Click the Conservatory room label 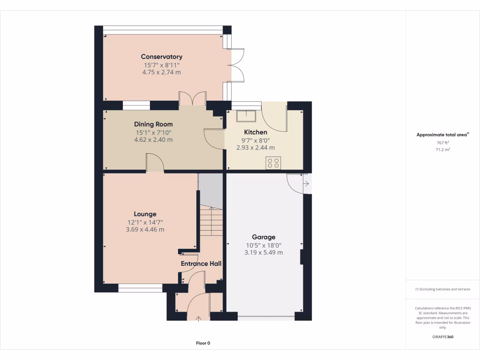tap(162, 57)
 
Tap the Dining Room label tap(153, 124)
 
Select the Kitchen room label tap(255, 132)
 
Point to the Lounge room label tap(145, 214)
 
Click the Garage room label tap(263, 237)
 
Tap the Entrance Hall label tap(201, 263)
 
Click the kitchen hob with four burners tap(273, 163)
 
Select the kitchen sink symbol tap(246, 116)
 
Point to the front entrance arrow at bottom tap(198, 319)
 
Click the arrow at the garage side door tap(306, 184)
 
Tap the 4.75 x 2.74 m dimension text tap(162, 73)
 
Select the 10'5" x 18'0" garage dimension tap(263, 245)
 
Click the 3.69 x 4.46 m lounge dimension tap(145, 230)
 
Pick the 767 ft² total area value tap(442, 142)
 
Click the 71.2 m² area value tap(442, 150)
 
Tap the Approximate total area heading tap(442, 135)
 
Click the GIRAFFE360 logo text tap(442, 337)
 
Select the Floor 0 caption tap(203, 343)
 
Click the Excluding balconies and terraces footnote tap(442, 289)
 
